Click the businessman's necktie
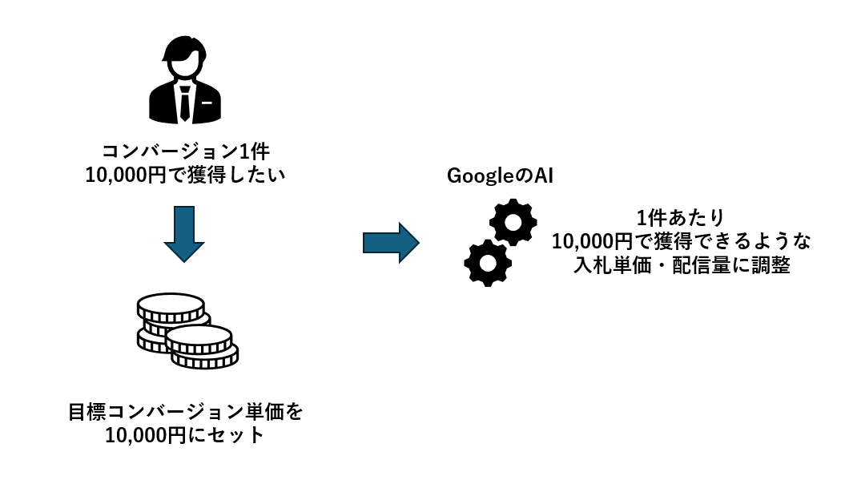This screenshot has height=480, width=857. pyautogui.click(x=185, y=105)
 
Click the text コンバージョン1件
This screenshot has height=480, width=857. pyautogui.click(x=184, y=151)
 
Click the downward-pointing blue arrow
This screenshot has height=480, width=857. pyautogui.click(x=184, y=233)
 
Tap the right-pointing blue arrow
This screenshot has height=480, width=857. pyautogui.click(x=391, y=242)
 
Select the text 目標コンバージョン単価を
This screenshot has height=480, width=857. pyautogui.click(x=185, y=413)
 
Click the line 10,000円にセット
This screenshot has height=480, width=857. pyautogui.click(x=184, y=436)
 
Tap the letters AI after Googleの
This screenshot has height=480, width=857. pyautogui.click(x=544, y=176)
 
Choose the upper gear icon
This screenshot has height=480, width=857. pyautogui.click(x=513, y=222)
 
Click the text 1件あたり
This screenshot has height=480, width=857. pyautogui.click(x=680, y=217)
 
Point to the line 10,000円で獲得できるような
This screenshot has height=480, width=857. pyautogui.click(x=681, y=240)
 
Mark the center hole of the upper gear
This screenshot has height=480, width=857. pyautogui.click(x=513, y=222)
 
